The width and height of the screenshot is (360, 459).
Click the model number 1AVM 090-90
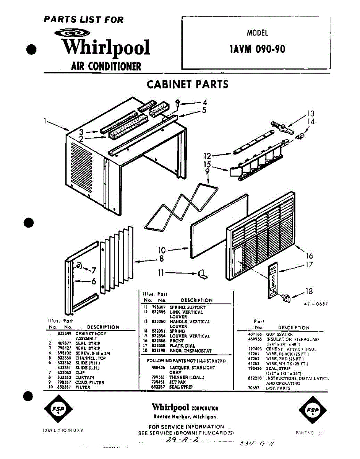(257, 49)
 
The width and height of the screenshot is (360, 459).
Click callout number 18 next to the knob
(309, 291)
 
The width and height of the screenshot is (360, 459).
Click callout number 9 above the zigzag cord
(208, 172)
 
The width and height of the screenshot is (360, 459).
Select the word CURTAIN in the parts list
(84, 378)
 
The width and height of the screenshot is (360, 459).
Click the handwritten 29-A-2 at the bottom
(183, 441)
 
